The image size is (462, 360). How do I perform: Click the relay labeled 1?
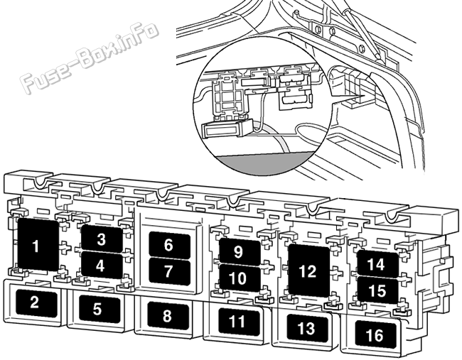click(x=38, y=244)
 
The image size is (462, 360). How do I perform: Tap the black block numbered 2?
click(x=36, y=303)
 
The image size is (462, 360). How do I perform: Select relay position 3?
click(x=102, y=239)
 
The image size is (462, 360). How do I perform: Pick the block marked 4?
click(x=102, y=266)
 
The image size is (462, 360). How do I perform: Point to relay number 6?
click(x=169, y=245)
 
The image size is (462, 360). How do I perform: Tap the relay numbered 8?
click(x=168, y=316)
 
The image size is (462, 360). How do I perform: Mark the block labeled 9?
click(x=240, y=251)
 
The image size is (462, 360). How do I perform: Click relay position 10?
click(x=240, y=278)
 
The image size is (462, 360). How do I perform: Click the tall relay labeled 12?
click(x=308, y=271)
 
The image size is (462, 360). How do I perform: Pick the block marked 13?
click(x=307, y=328)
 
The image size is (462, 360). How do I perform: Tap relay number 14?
click(x=377, y=264)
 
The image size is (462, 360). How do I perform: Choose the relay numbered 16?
click(x=375, y=334)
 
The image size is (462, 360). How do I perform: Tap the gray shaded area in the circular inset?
click(x=266, y=163)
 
